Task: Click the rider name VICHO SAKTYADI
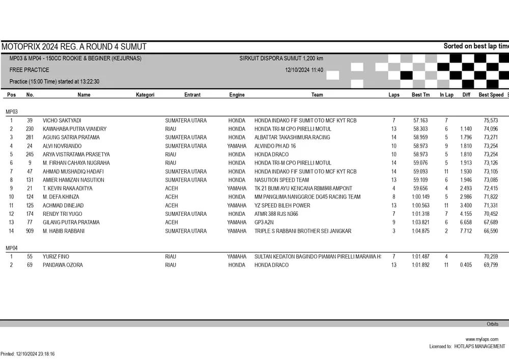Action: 62,121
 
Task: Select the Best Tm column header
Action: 420,95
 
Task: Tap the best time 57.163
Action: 420,121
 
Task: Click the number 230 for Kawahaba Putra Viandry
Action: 30,129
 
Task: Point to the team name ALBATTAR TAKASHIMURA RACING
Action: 292,137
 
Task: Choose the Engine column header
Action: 237,95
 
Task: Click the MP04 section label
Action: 11,248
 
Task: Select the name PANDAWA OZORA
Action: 63,265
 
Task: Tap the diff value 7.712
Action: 466,231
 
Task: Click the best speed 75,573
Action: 491,121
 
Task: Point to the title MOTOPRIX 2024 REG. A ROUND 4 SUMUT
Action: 74,46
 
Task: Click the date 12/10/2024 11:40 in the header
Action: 304,70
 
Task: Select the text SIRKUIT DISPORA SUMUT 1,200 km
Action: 281,59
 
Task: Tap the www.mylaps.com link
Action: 482,339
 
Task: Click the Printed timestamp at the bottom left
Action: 27,354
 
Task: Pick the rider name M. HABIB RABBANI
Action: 64,231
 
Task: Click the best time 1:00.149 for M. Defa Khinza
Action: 420,197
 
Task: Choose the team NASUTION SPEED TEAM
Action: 281,180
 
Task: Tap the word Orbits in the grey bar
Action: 492,324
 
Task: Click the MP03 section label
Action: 11,111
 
